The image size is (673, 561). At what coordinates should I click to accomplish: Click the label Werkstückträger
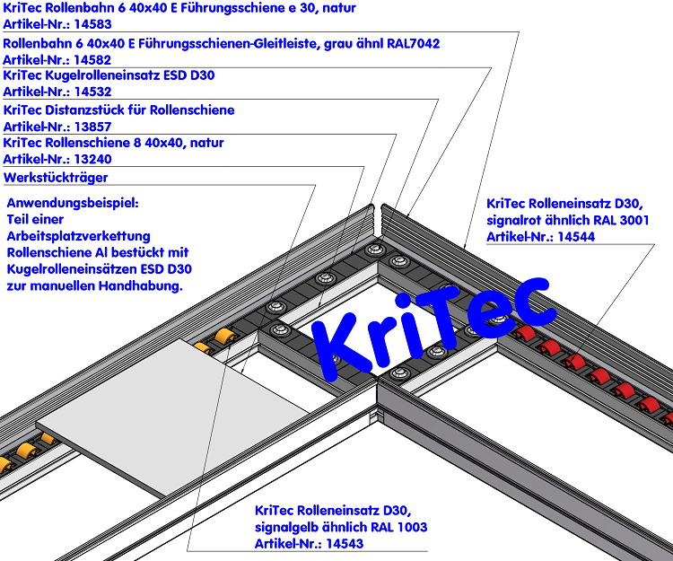click(x=56, y=178)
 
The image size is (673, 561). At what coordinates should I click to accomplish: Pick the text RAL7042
click(x=408, y=42)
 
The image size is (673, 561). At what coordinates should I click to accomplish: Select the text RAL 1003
click(x=398, y=526)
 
